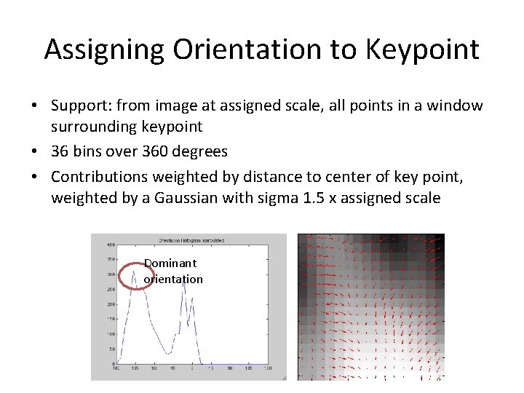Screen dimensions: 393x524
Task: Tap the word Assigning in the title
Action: tap(104, 49)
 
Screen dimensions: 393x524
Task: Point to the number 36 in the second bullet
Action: tap(60, 151)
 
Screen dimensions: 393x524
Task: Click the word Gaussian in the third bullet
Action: tap(186, 198)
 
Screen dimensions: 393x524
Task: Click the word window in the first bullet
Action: tap(455, 106)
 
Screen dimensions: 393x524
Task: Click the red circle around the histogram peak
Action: tap(135, 277)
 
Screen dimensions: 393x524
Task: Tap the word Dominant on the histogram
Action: tap(170, 263)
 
